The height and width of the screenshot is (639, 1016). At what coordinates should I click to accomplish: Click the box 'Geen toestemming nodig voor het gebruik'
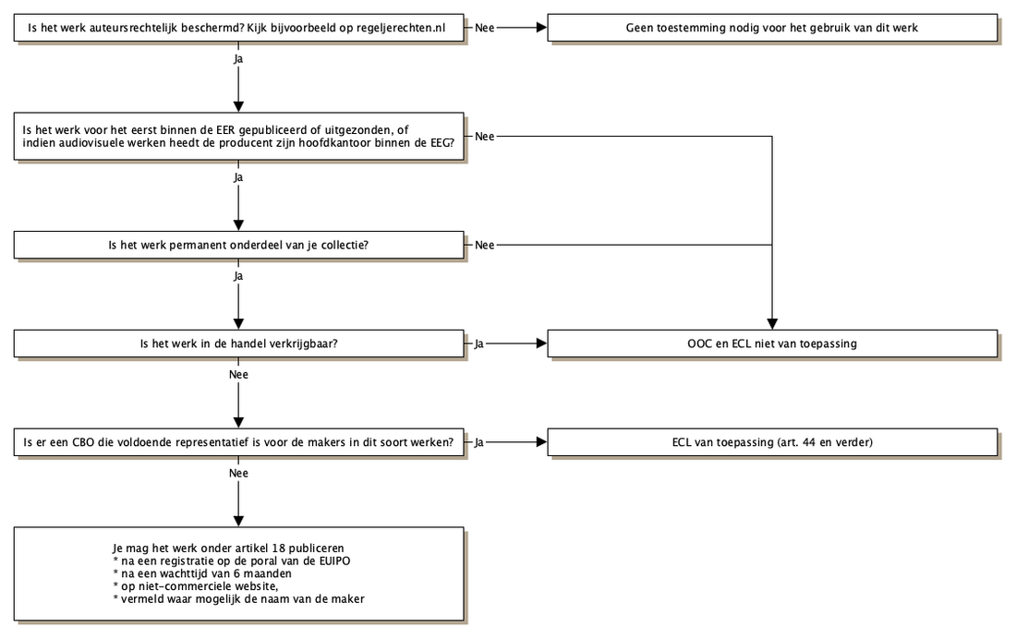pos(772,28)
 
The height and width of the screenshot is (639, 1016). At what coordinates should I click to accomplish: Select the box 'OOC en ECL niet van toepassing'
pos(772,344)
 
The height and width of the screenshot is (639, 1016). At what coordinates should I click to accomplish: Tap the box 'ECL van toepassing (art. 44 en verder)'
pos(772,442)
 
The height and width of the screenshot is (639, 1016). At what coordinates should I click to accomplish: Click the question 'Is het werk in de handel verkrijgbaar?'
pos(238,344)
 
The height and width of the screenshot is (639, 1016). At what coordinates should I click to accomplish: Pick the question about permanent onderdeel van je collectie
pos(238,245)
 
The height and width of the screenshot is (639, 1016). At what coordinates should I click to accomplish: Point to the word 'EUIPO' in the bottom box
pos(334,561)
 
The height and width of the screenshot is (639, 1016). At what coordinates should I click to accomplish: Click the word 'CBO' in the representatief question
pos(83,442)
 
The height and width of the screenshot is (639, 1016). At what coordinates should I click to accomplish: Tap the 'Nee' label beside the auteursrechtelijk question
pos(485,28)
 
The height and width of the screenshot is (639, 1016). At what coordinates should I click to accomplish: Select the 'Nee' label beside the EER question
pos(485,136)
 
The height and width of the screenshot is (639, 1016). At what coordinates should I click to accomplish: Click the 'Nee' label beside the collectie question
pos(485,245)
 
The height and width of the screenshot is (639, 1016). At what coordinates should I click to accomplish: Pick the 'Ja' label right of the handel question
pos(478,344)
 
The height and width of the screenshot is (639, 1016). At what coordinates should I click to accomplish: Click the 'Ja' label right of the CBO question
pos(478,442)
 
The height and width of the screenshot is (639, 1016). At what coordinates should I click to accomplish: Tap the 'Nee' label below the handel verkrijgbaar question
pos(238,375)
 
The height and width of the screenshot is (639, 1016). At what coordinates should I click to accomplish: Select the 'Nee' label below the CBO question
pos(238,473)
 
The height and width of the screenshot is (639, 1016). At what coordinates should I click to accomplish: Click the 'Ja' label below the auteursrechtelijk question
pos(238,59)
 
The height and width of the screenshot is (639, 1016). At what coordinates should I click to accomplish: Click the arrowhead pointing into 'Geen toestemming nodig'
pos(541,28)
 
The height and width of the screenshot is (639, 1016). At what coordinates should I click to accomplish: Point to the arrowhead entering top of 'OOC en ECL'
pos(772,324)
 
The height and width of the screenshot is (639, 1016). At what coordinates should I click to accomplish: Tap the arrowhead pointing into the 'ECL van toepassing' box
pos(541,442)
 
